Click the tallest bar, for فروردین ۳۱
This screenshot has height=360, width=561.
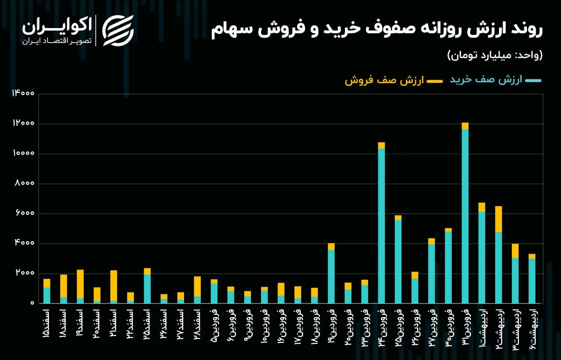pyautogui.click(x=465, y=215)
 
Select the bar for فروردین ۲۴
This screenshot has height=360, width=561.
pyautogui.click(x=381, y=224)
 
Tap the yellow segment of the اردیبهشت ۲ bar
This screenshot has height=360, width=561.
pyautogui.click(x=498, y=219)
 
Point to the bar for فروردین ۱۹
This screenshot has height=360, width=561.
pyautogui.click(x=331, y=274)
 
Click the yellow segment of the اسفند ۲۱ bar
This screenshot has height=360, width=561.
pyautogui.click(x=114, y=285)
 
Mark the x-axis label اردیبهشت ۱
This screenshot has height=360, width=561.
pyautogui.click(x=482, y=329)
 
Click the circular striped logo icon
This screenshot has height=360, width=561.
pyautogui.click(x=118, y=30)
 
